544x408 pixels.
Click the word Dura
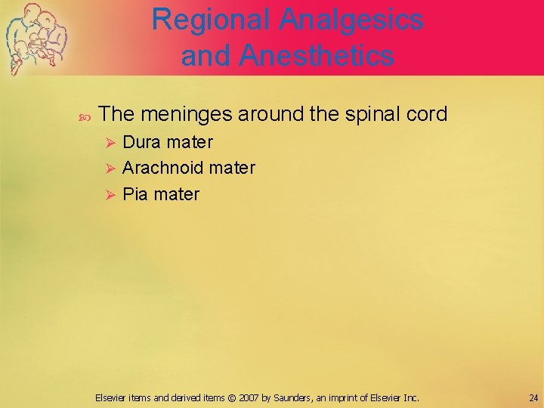pyautogui.click(x=142, y=142)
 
